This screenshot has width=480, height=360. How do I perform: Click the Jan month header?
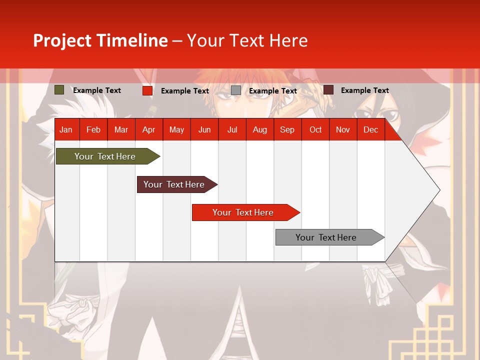[66, 130]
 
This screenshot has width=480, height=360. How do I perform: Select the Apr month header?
[149, 130]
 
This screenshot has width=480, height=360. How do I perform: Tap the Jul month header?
[232, 130]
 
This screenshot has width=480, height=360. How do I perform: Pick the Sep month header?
[287, 130]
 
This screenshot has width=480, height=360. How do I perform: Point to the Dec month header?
[370, 130]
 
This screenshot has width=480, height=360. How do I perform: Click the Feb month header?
[93, 130]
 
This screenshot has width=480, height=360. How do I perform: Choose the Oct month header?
[315, 130]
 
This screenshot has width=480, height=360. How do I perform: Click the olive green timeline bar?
[105, 156]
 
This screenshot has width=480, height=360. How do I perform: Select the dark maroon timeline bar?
[174, 184]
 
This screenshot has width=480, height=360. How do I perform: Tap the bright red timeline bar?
[243, 212]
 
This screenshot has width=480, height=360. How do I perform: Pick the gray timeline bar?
[326, 237]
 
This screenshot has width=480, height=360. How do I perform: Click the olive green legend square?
[59, 90]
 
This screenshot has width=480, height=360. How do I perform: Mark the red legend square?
[147, 90]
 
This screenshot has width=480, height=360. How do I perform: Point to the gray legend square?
[236, 90]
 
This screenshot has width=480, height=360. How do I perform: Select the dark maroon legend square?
[328, 90]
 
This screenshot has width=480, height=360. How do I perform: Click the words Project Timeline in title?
[100, 40]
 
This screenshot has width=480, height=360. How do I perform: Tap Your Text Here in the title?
[247, 40]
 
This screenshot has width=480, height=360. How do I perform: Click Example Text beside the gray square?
[273, 91]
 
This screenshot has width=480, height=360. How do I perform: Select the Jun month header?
[204, 130]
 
